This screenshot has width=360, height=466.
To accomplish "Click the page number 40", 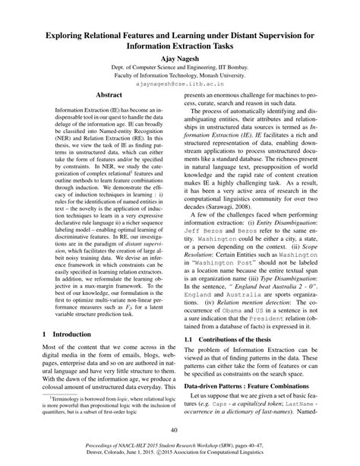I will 180,431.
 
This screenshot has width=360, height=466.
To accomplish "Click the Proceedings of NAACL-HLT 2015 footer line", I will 180,449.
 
